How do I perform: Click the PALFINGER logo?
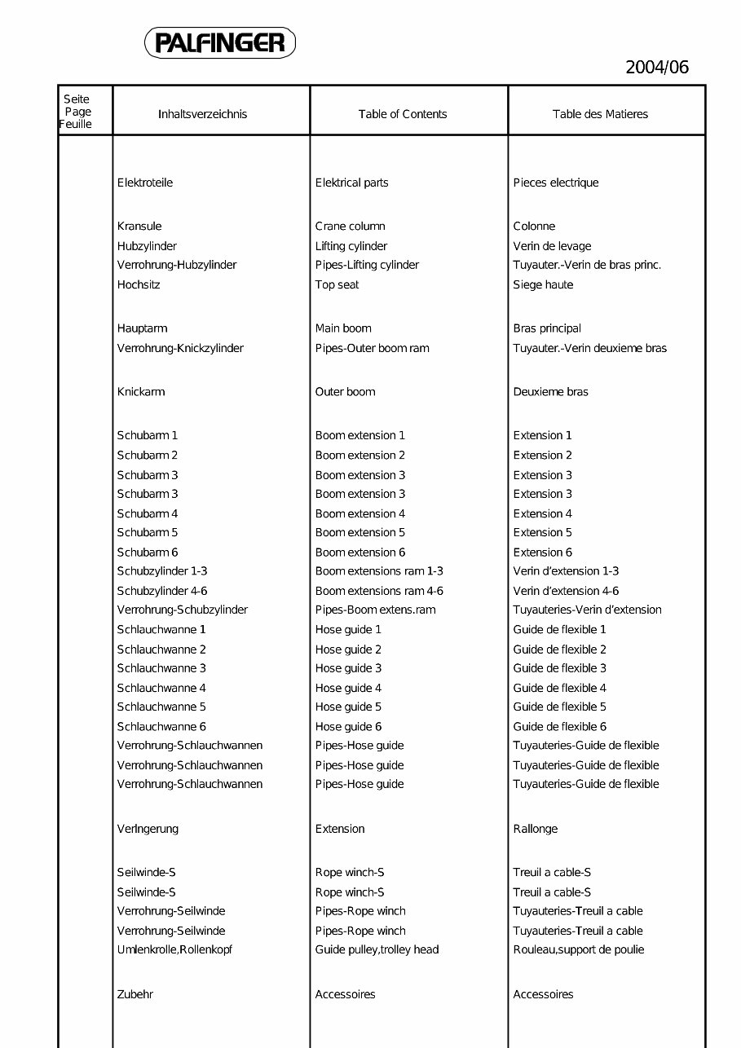220,42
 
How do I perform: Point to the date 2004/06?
657,67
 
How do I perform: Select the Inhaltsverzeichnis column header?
202,114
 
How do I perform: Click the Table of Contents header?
403,114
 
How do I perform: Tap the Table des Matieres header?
600,114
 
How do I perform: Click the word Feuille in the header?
76,125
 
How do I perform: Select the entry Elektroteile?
145,183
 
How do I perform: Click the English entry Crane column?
351,226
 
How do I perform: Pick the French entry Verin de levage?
552,246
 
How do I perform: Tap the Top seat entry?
337,284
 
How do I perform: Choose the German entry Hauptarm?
143,328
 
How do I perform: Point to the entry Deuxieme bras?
550,392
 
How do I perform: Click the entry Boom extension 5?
360,532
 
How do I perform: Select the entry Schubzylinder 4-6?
162,591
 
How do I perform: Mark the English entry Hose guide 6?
348,726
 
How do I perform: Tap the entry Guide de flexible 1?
559,629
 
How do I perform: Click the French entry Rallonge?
536,829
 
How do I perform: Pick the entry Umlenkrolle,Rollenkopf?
175,949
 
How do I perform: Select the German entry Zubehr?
135,994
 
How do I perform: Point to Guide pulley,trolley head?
377,949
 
